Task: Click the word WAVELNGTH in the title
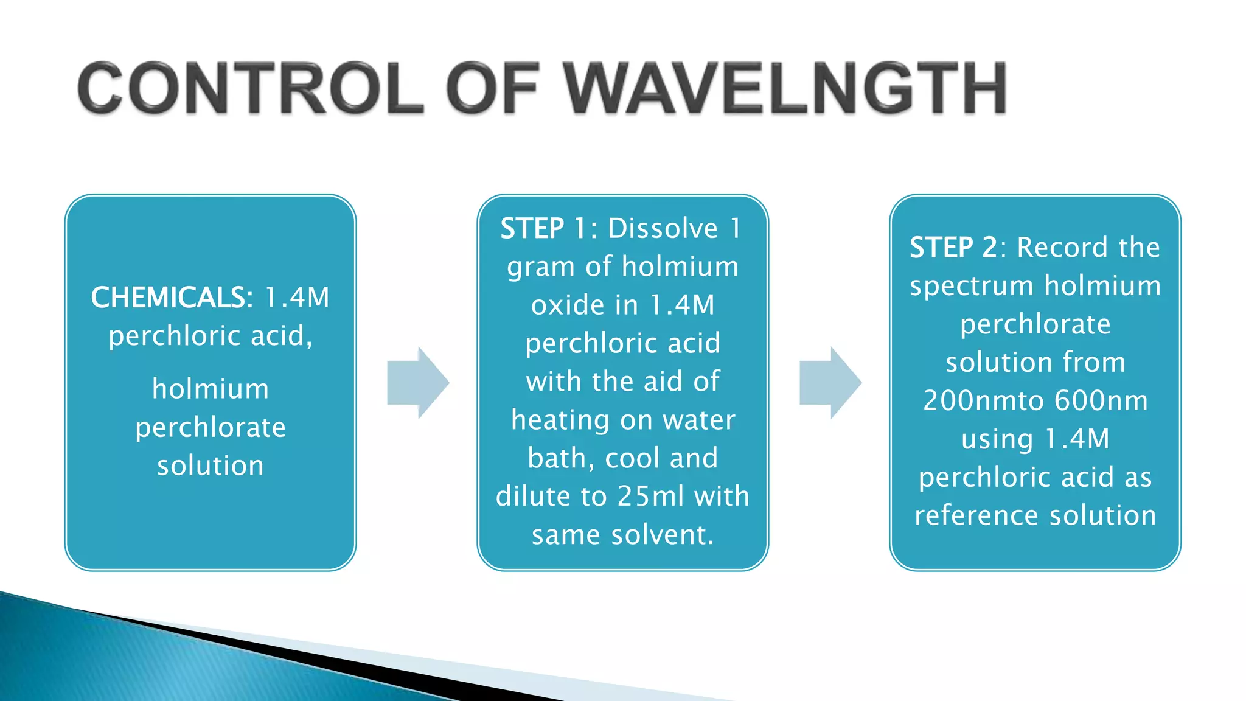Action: (785, 88)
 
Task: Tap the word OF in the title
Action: (493, 88)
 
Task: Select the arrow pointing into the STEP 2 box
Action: (830, 383)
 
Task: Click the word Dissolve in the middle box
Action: (663, 229)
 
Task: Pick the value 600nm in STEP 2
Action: (1101, 400)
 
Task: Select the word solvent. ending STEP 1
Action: (663, 535)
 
